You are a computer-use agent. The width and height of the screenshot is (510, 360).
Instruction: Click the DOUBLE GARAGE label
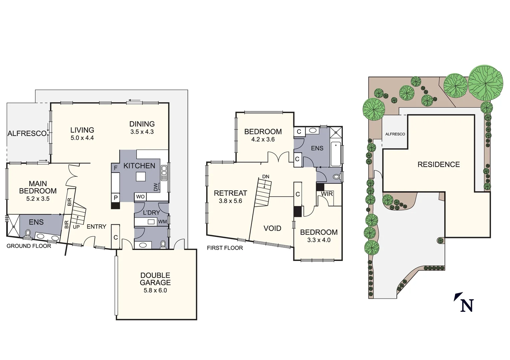click(155, 279)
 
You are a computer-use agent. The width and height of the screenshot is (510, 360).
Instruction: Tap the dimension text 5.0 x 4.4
click(82, 138)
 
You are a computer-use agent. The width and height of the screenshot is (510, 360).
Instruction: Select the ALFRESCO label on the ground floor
click(27, 134)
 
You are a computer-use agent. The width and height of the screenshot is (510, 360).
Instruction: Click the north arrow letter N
click(467, 305)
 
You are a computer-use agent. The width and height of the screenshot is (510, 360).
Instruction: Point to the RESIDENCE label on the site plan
click(438, 164)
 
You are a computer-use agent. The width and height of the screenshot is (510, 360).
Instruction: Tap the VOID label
click(272, 228)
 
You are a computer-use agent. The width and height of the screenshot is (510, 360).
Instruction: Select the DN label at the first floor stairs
click(266, 177)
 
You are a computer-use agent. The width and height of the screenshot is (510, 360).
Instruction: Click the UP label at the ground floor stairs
click(76, 227)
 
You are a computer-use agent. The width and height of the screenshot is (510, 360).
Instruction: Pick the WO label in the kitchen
click(140, 197)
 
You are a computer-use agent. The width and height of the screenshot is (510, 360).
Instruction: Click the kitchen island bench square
click(141, 176)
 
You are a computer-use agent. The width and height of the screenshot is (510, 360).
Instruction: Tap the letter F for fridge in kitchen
click(116, 168)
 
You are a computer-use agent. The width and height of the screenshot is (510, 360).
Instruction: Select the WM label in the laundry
click(162, 222)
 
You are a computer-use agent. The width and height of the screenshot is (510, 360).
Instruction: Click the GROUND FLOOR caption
click(29, 246)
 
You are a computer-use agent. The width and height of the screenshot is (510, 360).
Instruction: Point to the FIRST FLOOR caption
click(225, 248)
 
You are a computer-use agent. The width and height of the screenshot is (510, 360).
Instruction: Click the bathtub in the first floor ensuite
click(336, 154)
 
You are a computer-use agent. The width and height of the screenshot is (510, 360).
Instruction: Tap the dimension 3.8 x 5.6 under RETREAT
click(230, 201)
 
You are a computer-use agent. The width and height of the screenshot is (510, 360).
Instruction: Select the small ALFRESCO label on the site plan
click(395, 134)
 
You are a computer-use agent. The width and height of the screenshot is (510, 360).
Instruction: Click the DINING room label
click(142, 124)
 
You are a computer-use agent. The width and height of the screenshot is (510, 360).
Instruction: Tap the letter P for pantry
click(115, 198)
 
